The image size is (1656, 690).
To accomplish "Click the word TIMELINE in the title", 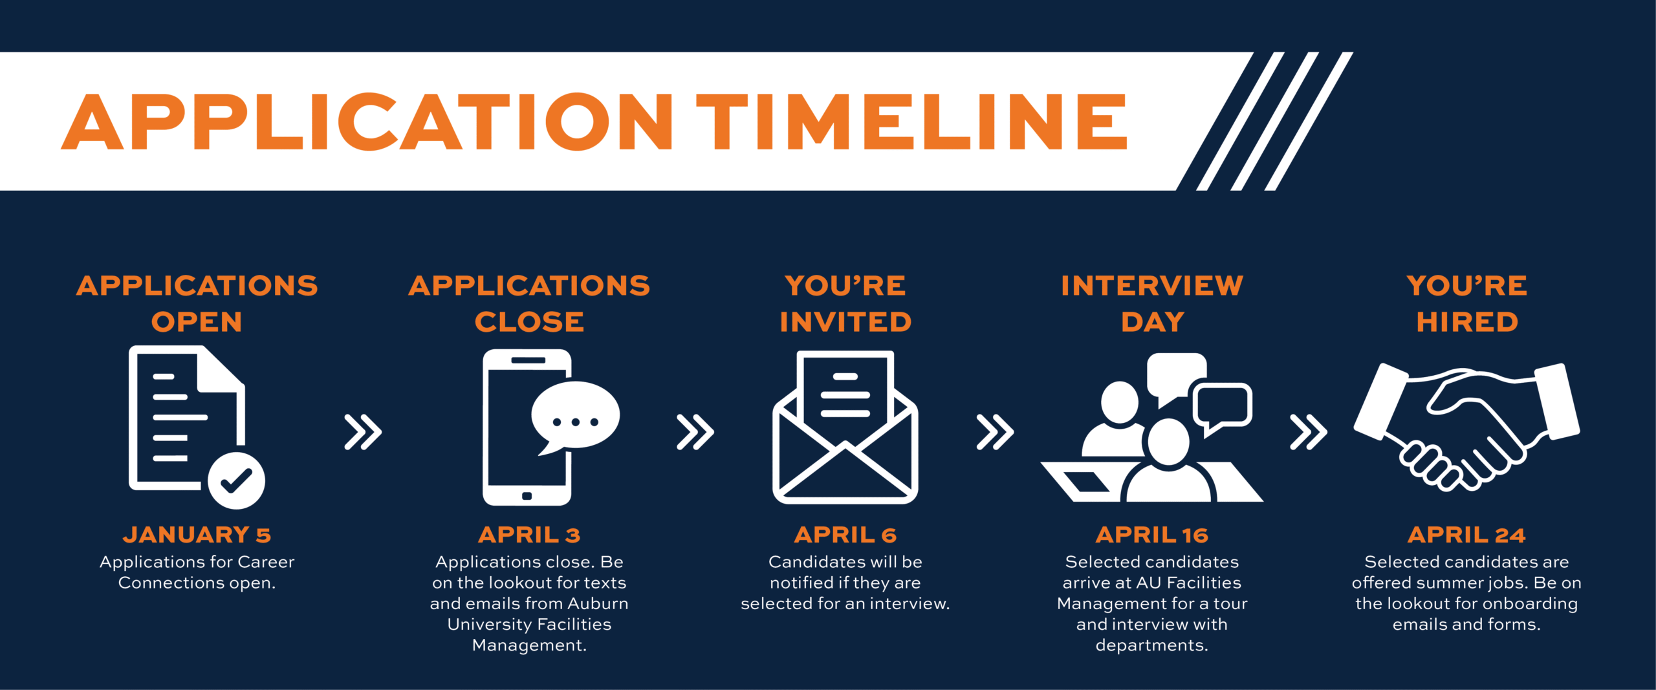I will (912, 122).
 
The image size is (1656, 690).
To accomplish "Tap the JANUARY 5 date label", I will (197, 535).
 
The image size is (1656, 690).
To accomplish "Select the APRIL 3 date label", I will (529, 535).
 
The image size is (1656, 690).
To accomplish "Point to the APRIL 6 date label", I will (845, 535).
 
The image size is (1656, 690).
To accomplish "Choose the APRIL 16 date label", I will (1151, 535).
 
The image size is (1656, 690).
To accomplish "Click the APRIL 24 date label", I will (1466, 535).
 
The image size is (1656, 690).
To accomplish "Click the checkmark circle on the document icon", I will (236, 480).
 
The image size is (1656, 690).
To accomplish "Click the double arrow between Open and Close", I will (363, 432).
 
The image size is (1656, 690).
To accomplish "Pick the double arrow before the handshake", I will (1308, 432).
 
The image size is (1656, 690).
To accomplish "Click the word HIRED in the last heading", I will (1466, 322).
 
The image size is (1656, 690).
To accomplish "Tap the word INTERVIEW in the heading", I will (1151, 286).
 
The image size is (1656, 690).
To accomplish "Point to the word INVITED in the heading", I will (845, 322).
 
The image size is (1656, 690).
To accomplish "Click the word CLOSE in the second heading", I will (529, 322).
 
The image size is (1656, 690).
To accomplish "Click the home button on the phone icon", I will (527, 496).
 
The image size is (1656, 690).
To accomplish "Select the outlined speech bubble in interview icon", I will (1222, 406).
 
